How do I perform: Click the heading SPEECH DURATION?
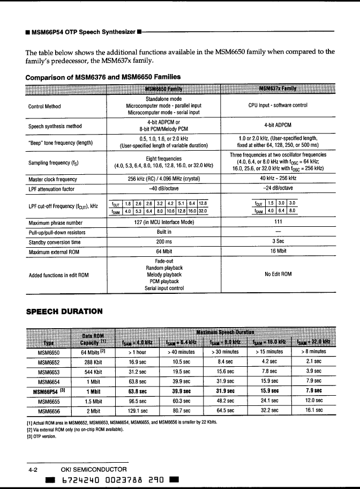(64, 311)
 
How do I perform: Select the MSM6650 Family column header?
(163, 88)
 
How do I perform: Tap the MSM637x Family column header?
(277, 88)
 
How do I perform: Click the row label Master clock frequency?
(52, 179)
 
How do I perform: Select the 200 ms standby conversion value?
(163, 241)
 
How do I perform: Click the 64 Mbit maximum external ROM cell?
(163, 251)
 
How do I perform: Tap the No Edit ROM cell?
(277, 275)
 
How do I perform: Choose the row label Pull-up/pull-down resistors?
(56, 232)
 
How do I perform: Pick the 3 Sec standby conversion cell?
(277, 241)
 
